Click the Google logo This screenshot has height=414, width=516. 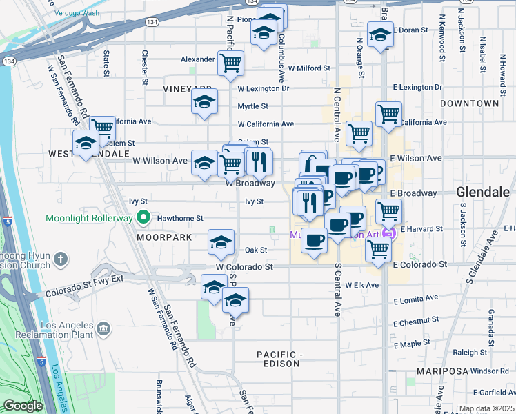point(23,406)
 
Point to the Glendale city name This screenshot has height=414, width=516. point(485,192)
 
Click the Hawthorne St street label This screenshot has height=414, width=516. point(180,218)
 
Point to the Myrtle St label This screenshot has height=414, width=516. point(252,106)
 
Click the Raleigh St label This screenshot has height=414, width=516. point(470,352)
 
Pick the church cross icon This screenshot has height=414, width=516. point(61,260)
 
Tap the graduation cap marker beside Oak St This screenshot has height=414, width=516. point(221,241)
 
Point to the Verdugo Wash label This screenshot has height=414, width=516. point(77,13)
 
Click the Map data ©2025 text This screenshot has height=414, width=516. point(486,408)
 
